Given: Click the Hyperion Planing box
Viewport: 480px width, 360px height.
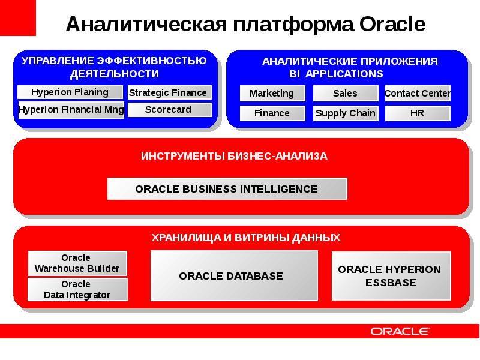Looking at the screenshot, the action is point(70,92).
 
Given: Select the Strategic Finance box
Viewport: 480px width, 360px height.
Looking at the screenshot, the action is point(170,92).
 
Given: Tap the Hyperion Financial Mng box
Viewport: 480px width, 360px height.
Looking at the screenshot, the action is point(71,110).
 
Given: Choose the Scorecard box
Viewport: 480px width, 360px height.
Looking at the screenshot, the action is point(170,110).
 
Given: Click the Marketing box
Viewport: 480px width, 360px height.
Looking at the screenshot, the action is point(272,94).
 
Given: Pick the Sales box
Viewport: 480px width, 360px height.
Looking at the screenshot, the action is point(346,94).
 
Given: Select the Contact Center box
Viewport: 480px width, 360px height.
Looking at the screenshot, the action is point(418,94).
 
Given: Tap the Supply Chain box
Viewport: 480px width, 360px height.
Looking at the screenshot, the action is point(346,113).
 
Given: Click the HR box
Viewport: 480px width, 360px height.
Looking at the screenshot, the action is point(418,113).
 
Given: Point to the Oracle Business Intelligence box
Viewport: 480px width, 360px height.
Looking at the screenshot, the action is point(227,189).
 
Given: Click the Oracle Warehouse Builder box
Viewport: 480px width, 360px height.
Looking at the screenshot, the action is point(77,263).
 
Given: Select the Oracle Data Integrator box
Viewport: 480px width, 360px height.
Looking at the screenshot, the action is point(77,290).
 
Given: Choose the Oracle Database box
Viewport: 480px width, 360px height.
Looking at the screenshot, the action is point(234,276).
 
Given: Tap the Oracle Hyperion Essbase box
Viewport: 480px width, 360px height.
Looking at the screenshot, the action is point(392,276).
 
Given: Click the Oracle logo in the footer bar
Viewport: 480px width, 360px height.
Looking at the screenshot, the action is point(400,331).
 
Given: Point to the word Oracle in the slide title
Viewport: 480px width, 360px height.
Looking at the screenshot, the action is point(392,24).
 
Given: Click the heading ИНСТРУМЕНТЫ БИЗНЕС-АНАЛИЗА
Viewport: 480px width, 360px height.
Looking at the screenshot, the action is point(234,156).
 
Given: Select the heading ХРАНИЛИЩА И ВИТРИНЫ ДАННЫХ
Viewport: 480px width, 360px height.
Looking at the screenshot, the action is point(246,238).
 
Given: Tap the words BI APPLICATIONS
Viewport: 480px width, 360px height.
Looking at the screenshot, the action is point(336,74).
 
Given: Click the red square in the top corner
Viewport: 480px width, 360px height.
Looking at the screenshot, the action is point(18,18).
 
